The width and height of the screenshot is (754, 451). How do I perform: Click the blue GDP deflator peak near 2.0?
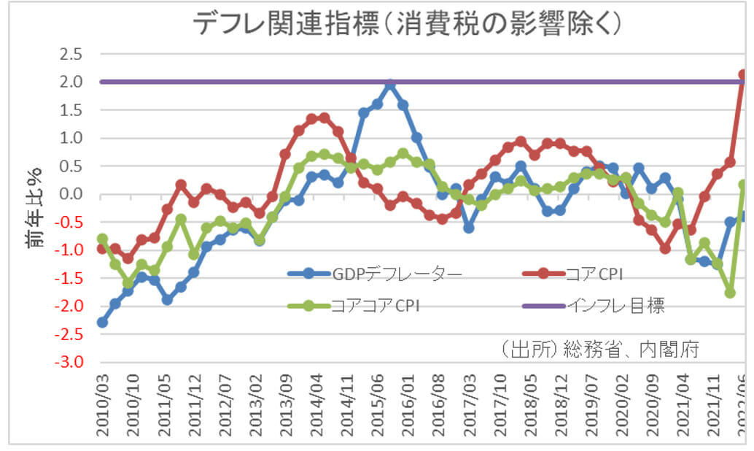391,85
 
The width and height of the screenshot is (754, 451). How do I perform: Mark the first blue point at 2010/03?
103,322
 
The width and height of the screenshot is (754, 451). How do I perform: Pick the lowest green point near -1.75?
729,292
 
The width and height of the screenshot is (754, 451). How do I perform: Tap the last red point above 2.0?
743,74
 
